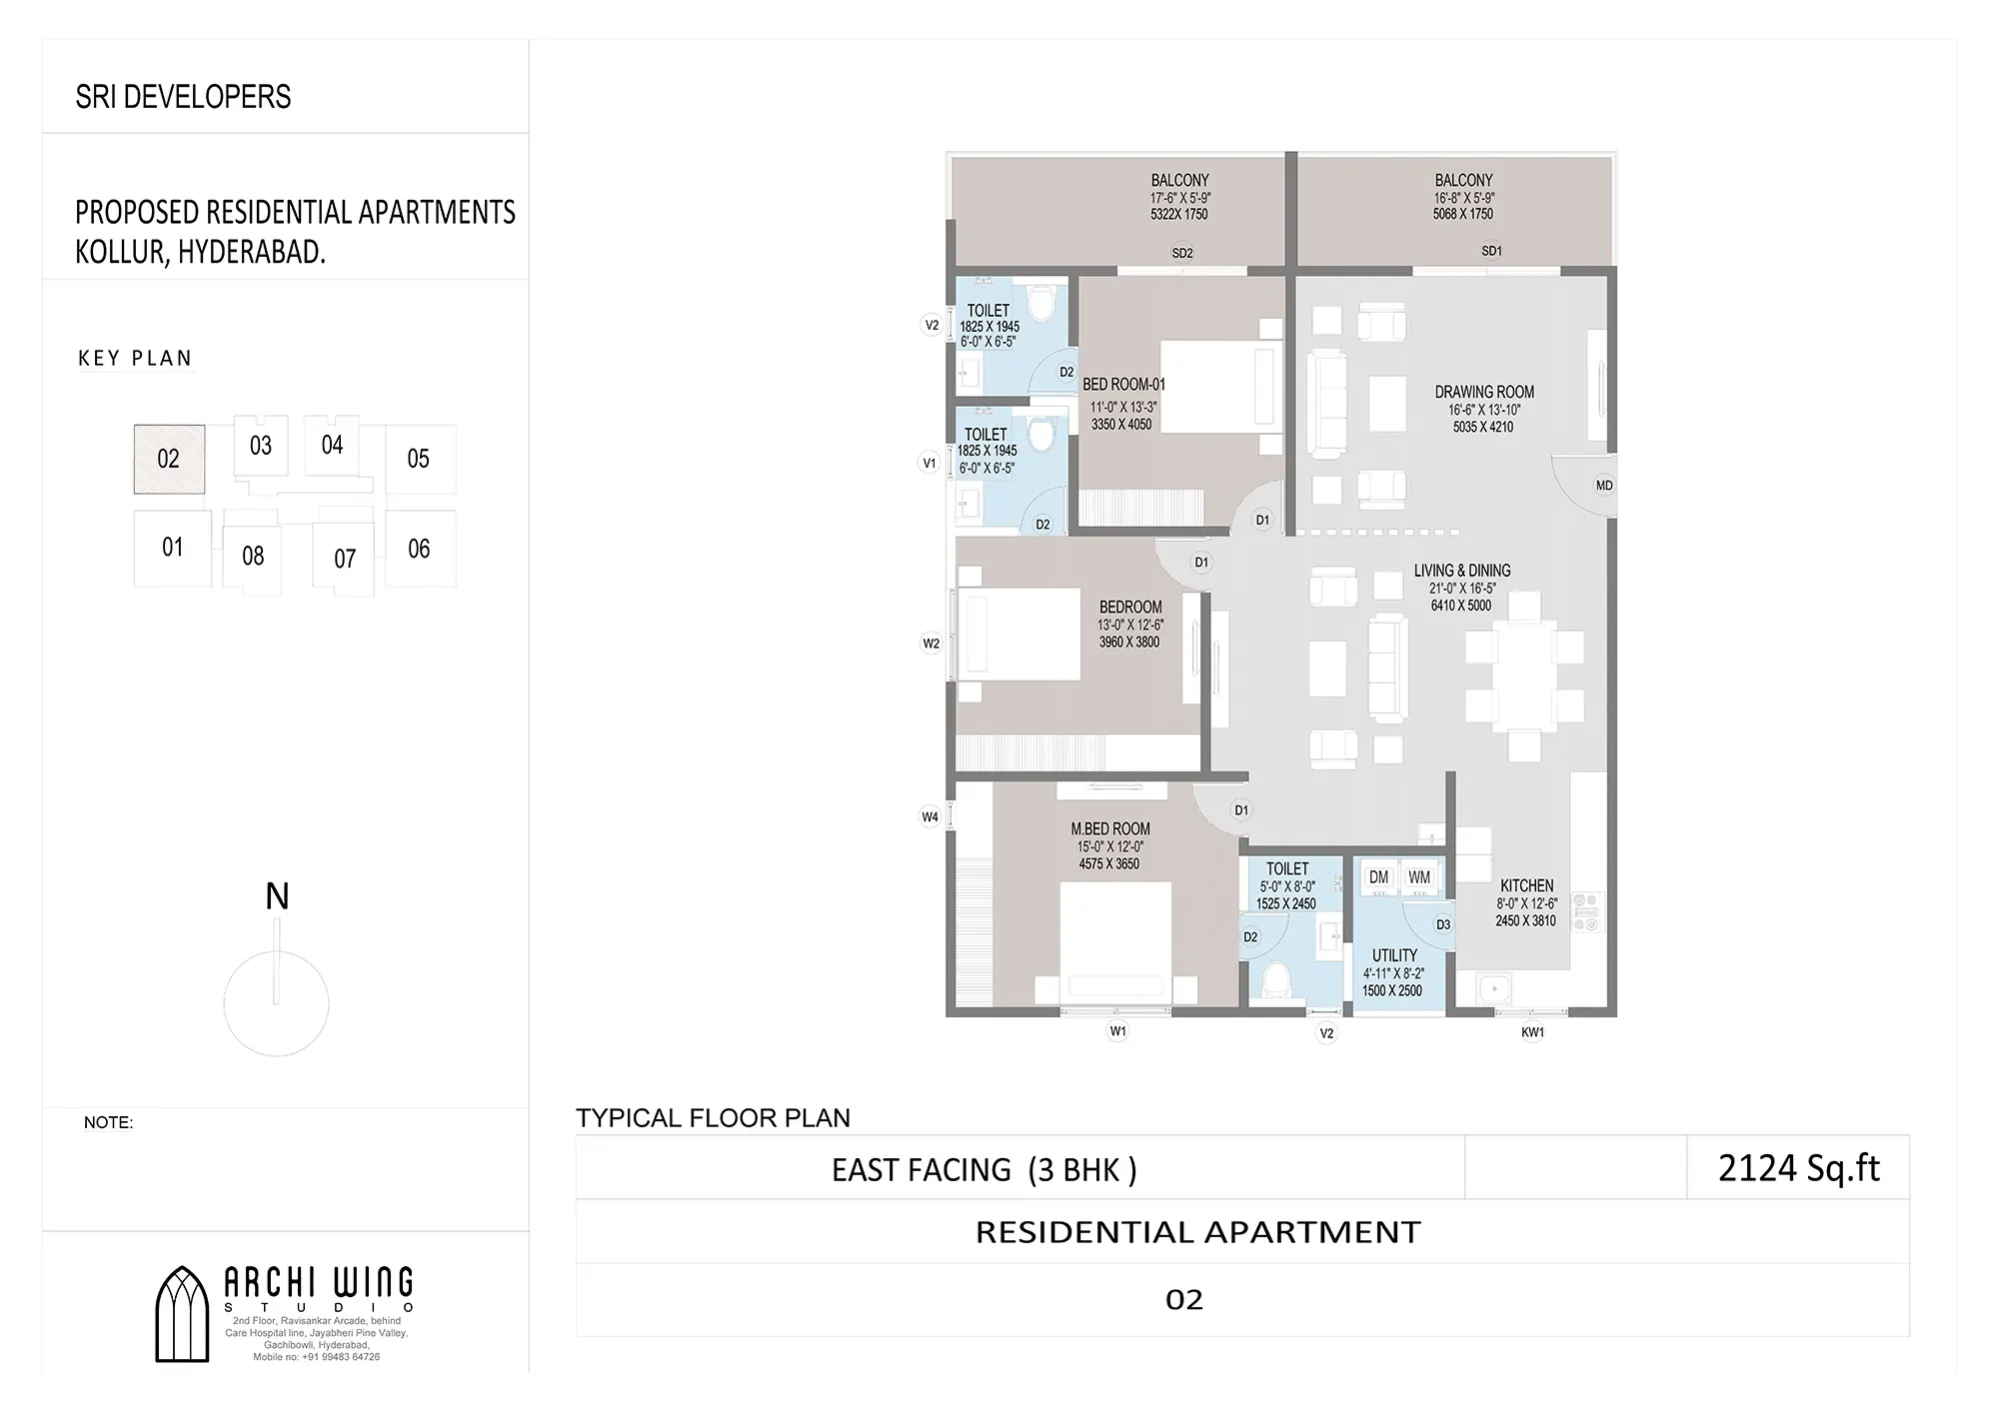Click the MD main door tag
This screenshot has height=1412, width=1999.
1604,486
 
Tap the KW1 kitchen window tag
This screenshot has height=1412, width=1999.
1532,1032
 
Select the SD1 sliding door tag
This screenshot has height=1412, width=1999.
1491,251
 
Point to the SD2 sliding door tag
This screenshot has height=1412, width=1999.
1182,253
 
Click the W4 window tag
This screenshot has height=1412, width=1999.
930,817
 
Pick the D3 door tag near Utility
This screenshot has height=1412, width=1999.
1443,924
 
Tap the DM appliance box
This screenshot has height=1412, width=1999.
1379,877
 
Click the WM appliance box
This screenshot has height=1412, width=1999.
1419,877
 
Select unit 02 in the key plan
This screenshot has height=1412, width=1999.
169,459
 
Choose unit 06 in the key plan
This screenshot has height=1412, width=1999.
420,549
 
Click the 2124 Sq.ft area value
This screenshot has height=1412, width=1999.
1799,1168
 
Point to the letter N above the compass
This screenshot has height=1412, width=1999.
277,896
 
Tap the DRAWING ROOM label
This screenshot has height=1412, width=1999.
1484,392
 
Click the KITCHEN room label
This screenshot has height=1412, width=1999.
1526,885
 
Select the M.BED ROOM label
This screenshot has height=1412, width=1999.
1110,828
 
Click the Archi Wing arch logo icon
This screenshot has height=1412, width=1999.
182,1314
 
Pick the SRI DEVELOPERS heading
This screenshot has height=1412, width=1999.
183,97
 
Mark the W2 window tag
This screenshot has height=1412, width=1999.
931,644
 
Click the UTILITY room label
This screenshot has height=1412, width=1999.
1394,955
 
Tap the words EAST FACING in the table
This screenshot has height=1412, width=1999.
922,1169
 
